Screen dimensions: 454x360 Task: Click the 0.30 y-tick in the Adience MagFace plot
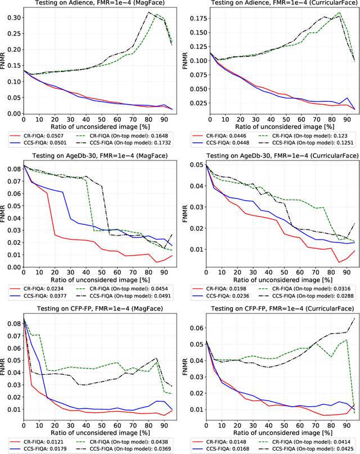tap(12, 17)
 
